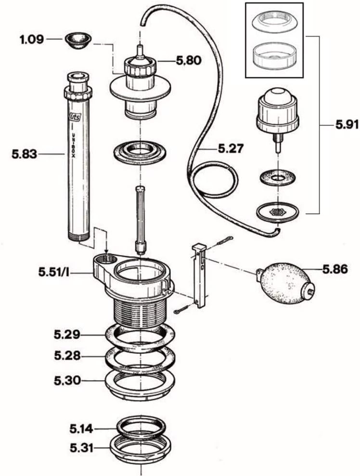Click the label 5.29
tap(67, 333)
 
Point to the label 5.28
tap(67, 356)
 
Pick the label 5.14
tap(81, 427)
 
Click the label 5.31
tap(81, 449)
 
